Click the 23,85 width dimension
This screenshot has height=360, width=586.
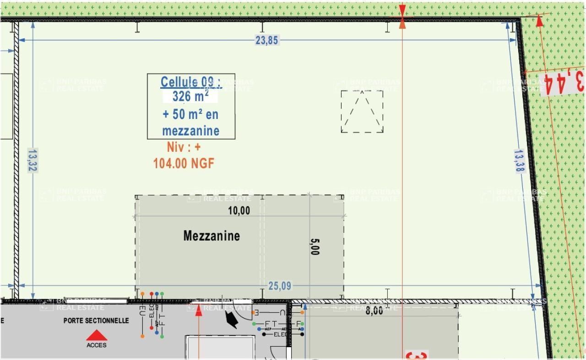(266, 40)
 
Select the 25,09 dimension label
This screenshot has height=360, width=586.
(279, 286)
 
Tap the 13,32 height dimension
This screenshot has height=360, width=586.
(32, 160)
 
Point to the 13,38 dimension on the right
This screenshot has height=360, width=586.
(519, 161)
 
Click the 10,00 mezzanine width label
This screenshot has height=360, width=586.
(239, 211)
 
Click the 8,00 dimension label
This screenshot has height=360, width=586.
(374, 311)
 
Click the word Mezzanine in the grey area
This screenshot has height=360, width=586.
(212, 236)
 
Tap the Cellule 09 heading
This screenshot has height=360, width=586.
(190, 82)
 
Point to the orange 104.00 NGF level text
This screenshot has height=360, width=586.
(184, 163)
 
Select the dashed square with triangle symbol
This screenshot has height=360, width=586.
(362, 112)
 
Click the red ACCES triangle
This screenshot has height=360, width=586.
(97, 336)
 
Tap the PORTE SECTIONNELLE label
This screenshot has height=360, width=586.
(96, 321)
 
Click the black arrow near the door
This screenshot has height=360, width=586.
(231, 321)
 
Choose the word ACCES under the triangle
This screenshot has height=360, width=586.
(97, 345)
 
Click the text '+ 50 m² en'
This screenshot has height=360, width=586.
(190, 114)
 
